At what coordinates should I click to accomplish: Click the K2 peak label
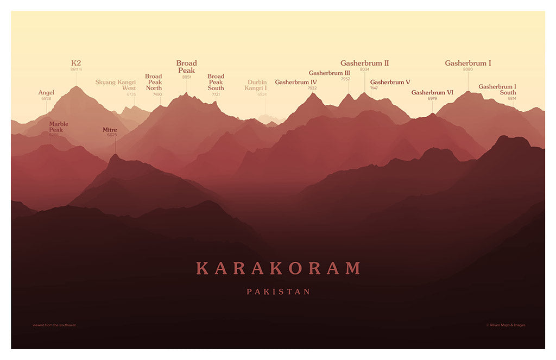click(x=76, y=63)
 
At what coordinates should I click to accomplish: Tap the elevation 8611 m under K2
click(x=76, y=70)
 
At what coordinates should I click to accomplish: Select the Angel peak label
click(x=46, y=92)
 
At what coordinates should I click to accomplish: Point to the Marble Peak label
click(x=59, y=127)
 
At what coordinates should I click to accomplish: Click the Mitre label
click(x=110, y=130)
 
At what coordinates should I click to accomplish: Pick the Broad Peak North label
click(x=154, y=82)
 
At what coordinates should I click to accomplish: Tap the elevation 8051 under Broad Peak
click(x=187, y=77)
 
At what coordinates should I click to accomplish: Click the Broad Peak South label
click(x=216, y=82)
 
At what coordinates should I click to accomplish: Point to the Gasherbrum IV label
click(x=296, y=82)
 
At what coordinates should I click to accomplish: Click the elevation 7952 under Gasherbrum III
click(x=345, y=79)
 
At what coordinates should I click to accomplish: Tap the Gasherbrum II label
click(x=364, y=63)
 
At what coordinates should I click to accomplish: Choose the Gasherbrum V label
click(x=390, y=82)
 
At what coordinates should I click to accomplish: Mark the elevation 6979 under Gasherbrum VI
click(x=432, y=98)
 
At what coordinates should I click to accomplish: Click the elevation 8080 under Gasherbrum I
click(x=468, y=70)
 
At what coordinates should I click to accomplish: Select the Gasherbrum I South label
click(x=497, y=89)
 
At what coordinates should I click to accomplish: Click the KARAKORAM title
click(x=278, y=268)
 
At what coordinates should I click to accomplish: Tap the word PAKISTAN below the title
click(x=278, y=292)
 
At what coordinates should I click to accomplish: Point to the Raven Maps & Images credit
click(x=506, y=325)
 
